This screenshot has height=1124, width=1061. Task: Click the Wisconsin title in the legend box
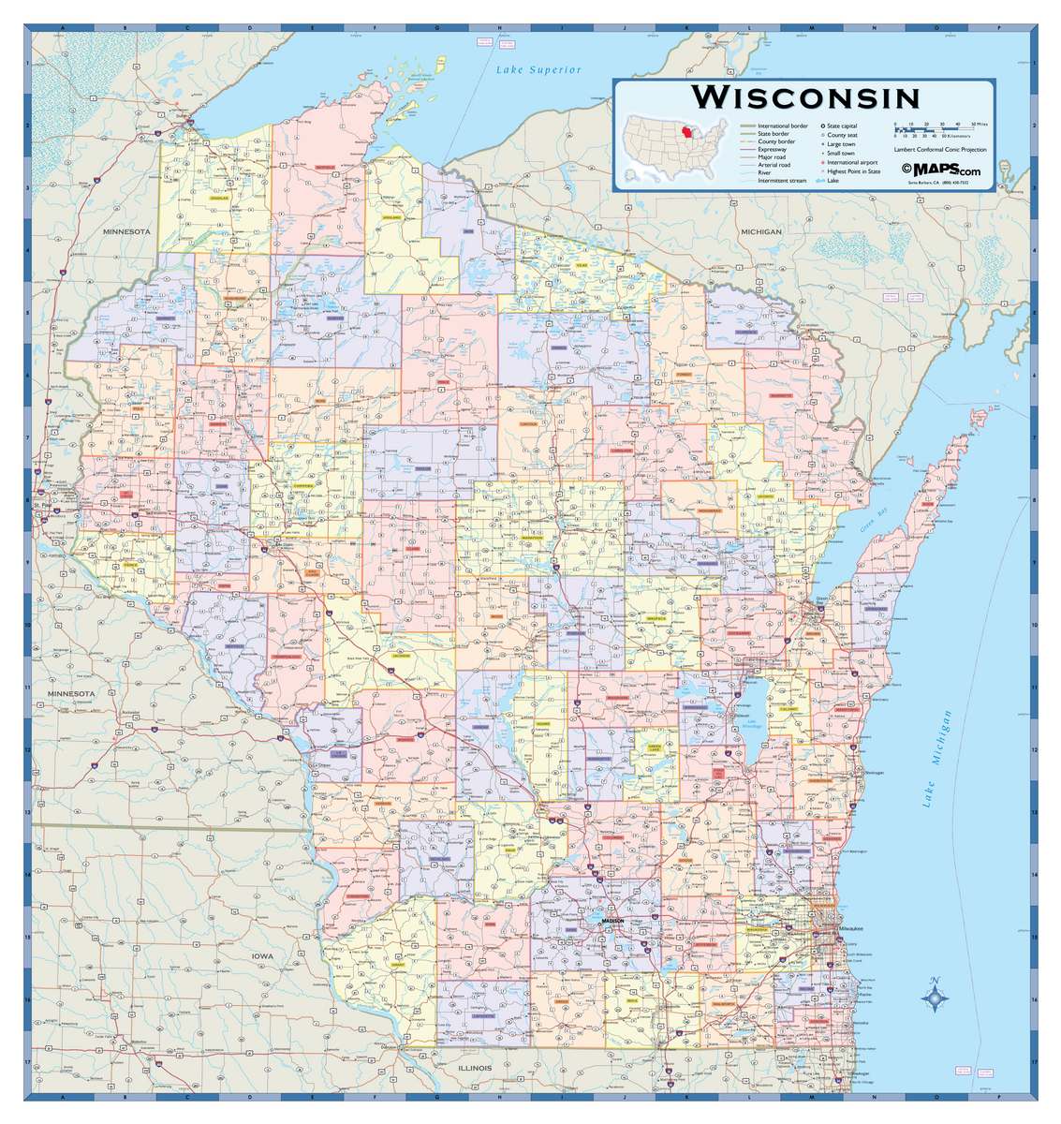click(805, 97)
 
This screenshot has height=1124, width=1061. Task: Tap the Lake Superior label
click(538, 70)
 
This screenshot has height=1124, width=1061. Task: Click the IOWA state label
click(262, 956)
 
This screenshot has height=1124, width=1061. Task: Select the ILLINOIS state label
click(475, 1068)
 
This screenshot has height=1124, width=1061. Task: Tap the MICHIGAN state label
click(761, 231)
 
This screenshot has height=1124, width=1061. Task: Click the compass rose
click(934, 999)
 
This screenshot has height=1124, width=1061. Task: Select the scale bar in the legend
click(936, 129)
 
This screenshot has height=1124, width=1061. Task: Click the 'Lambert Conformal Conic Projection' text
click(939, 150)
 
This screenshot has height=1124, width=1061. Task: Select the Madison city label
click(612, 921)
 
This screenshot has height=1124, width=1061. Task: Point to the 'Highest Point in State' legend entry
click(853, 171)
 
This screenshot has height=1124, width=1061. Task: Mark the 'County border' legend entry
click(776, 141)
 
